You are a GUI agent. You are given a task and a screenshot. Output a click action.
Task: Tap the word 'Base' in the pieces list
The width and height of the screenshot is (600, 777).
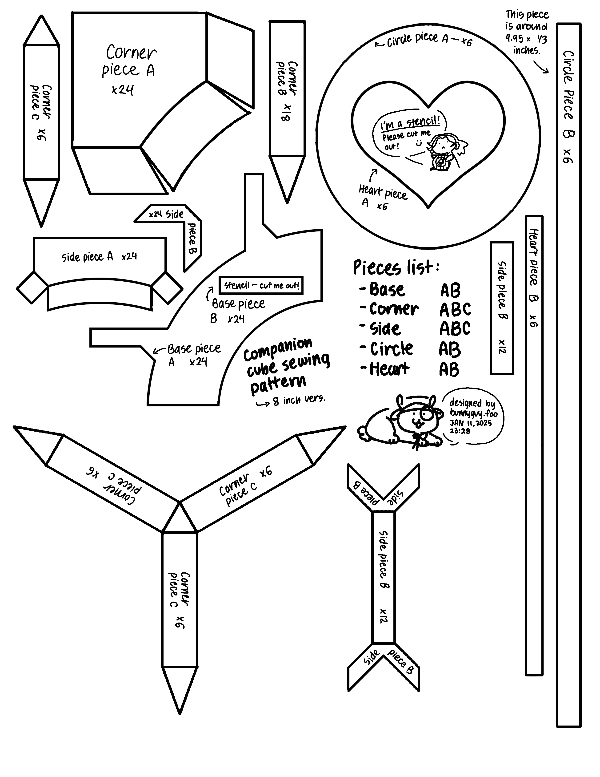(387, 290)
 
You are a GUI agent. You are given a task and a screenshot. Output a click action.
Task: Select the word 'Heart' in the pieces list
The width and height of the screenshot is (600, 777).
(390, 369)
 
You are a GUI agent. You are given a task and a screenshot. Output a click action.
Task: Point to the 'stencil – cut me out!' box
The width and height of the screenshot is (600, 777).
(261, 285)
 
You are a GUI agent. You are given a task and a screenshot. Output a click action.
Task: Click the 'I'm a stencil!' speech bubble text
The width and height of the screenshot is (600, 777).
(410, 122)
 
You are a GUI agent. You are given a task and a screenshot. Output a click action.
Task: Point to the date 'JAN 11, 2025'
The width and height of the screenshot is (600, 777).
(471, 423)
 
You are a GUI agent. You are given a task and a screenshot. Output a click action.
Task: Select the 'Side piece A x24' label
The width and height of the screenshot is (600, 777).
(99, 256)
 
